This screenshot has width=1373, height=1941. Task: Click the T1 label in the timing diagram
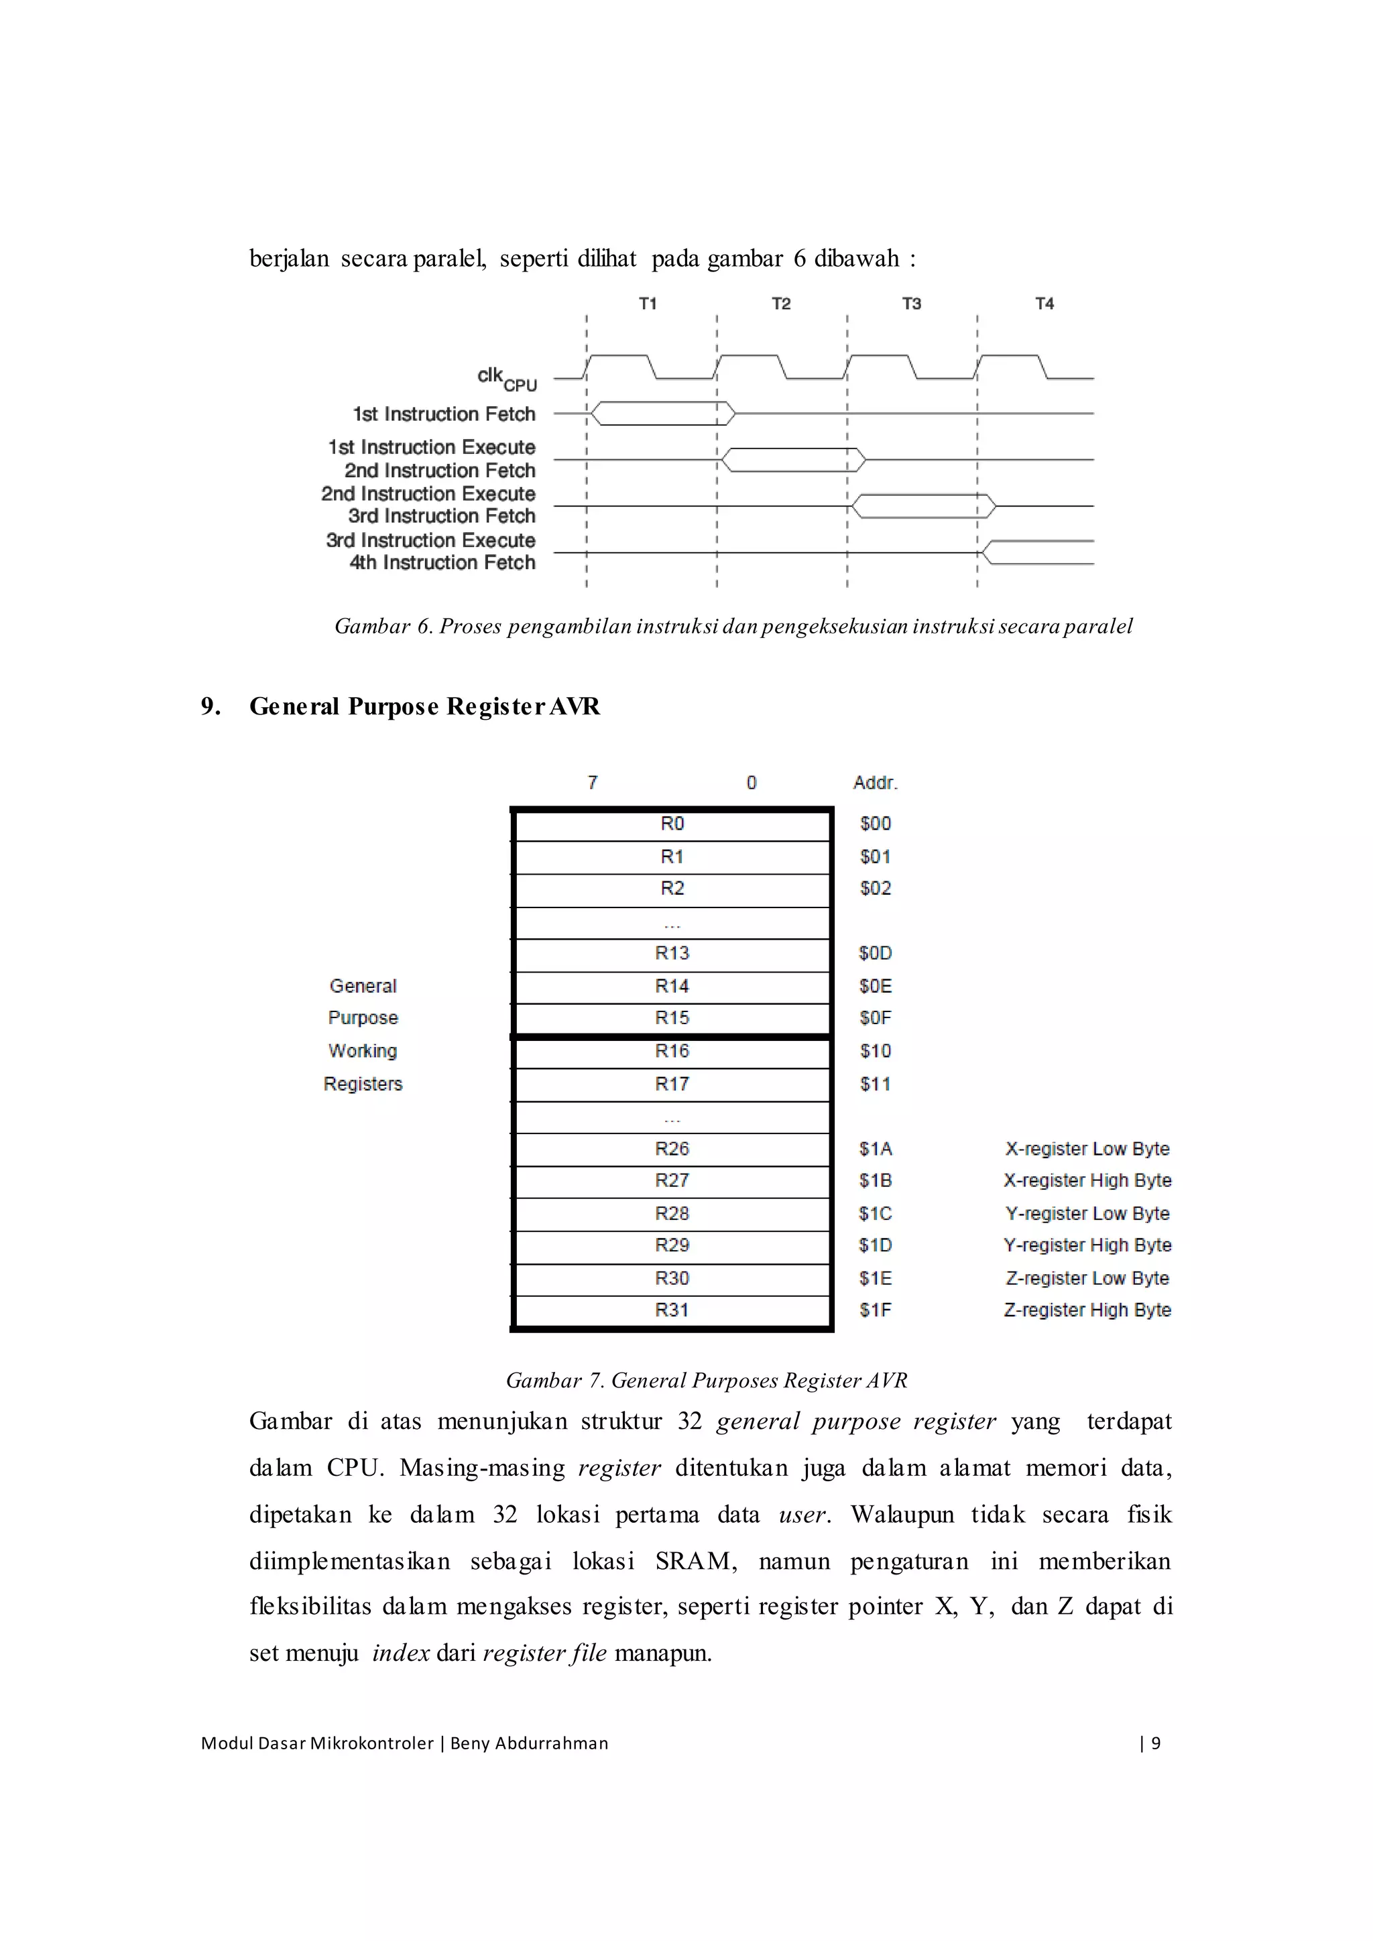point(648,304)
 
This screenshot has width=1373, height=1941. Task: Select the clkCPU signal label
point(506,378)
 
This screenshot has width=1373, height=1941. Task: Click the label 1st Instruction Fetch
point(444,414)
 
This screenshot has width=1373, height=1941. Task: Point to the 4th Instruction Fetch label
point(442,563)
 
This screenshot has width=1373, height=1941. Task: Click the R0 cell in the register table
point(672,824)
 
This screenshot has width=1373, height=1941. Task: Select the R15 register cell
point(672,1018)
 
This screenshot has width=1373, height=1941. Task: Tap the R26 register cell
point(672,1149)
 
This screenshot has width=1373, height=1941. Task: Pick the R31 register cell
point(672,1310)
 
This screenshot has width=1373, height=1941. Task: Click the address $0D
point(875,954)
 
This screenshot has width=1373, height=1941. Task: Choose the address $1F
point(875,1310)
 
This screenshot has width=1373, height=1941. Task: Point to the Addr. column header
point(875,784)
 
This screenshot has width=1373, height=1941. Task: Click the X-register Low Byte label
point(1087,1149)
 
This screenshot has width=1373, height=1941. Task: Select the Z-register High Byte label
point(1087,1310)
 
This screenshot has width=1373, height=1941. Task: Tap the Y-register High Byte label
point(1087,1245)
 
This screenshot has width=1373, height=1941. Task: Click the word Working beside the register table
point(363,1051)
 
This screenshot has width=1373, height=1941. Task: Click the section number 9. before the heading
point(211,706)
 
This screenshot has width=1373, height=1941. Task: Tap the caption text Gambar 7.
point(554,1381)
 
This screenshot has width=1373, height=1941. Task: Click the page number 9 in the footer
point(1156,1743)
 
